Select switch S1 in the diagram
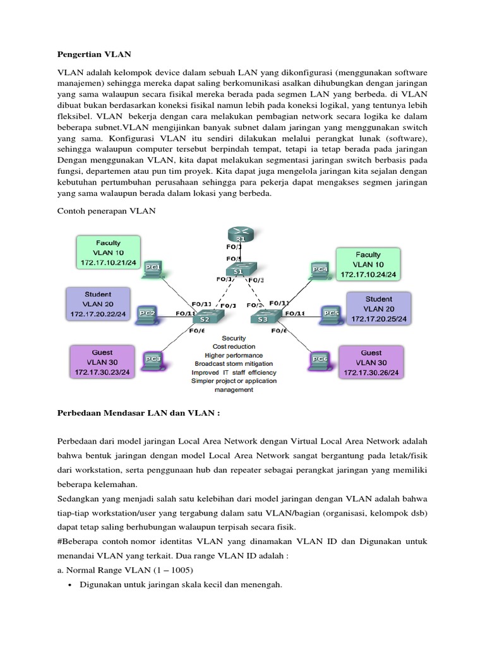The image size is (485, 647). click(238, 270)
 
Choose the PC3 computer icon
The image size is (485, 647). click(153, 360)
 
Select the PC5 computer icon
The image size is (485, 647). click(330, 312)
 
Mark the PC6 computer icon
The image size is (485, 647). click(320, 360)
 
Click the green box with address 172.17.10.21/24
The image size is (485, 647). click(108, 252)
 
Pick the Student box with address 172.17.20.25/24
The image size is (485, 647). click(378, 308)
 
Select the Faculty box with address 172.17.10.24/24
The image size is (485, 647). click(368, 264)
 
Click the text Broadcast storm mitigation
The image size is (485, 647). click(234, 364)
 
